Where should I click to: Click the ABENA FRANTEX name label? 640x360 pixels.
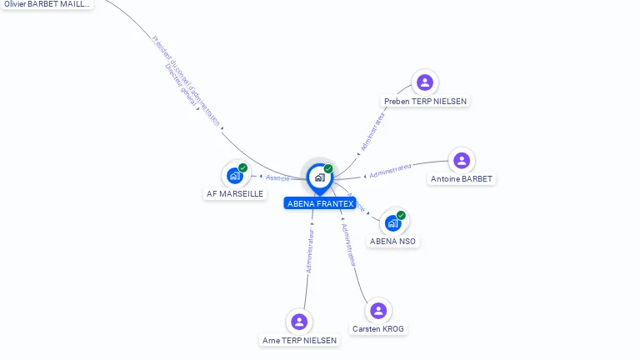[x=320, y=203]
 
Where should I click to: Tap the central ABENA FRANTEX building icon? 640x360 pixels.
[x=319, y=177]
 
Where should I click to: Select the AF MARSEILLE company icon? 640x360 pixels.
[x=235, y=176]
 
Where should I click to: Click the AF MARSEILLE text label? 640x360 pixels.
[x=235, y=193]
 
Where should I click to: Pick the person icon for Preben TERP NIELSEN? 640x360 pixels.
[x=425, y=82]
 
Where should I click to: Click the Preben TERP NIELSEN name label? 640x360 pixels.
[x=425, y=101]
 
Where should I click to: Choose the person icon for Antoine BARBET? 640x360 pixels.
[x=462, y=160]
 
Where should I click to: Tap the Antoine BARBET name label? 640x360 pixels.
[x=462, y=179]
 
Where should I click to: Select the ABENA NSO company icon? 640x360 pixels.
[x=393, y=222]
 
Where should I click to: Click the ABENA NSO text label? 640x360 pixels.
[x=393, y=242]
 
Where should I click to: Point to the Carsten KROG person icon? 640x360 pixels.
[x=378, y=310]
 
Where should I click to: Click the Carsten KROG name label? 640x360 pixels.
[x=378, y=329]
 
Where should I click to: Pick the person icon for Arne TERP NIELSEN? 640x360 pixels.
[x=299, y=322]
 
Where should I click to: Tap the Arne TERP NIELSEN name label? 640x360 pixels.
[x=299, y=341]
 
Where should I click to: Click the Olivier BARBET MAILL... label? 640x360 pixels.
[x=47, y=4]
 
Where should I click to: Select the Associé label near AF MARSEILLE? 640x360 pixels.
[x=277, y=177]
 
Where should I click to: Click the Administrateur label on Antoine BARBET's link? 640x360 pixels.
[x=391, y=171]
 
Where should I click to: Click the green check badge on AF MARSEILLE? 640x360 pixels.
[x=243, y=167]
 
